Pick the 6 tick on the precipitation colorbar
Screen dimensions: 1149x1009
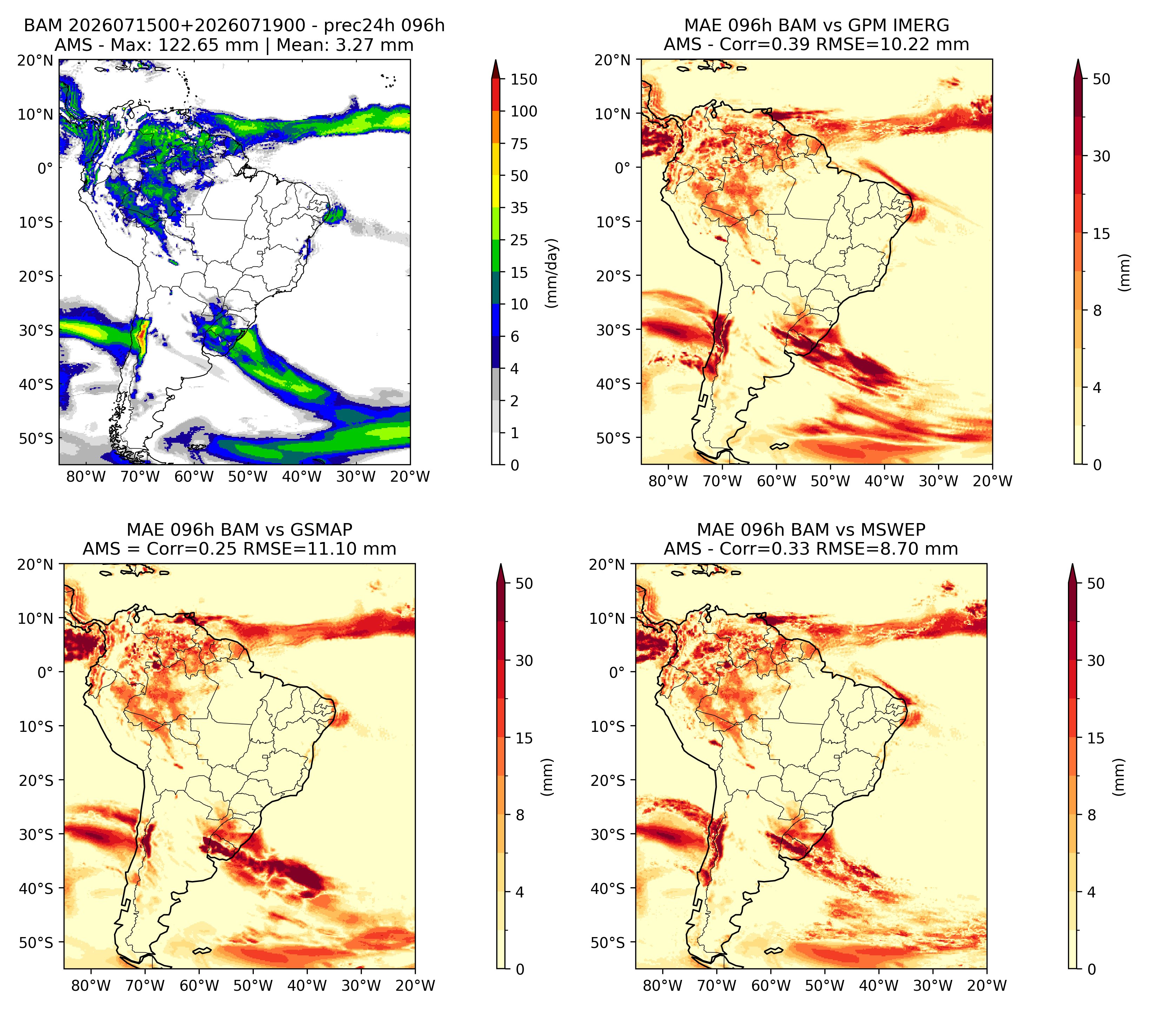[x=515, y=336]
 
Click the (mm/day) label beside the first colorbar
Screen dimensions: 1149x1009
[x=552, y=273]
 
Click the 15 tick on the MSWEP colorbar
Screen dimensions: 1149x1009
[x=1096, y=738]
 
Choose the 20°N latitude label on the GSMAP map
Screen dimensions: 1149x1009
[x=35, y=564]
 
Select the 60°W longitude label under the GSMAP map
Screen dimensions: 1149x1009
[x=199, y=985]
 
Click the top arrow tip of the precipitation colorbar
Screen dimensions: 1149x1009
[x=495, y=60]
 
